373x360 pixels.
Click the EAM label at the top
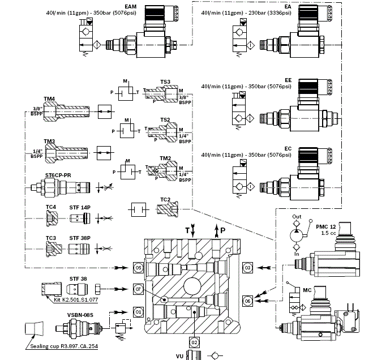pyautogui.click(x=131, y=6)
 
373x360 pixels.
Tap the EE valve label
pyautogui.click(x=288, y=81)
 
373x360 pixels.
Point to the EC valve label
pyautogui.click(x=288, y=148)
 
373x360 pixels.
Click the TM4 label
pyautogui.click(x=50, y=98)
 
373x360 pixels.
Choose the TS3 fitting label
pyautogui.click(x=165, y=82)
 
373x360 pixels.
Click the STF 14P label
pyautogui.click(x=80, y=207)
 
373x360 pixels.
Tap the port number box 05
pyautogui.click(x=137, y=266)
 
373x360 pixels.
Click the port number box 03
pyautogui.click(x=247, y=266)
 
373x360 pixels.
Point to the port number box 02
pyautogui.click(x=193, y=341)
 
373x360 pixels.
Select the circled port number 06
pyautogui.click(x=247, y=300)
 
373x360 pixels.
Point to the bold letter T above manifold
pyautogui.click(x=187, y=229)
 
